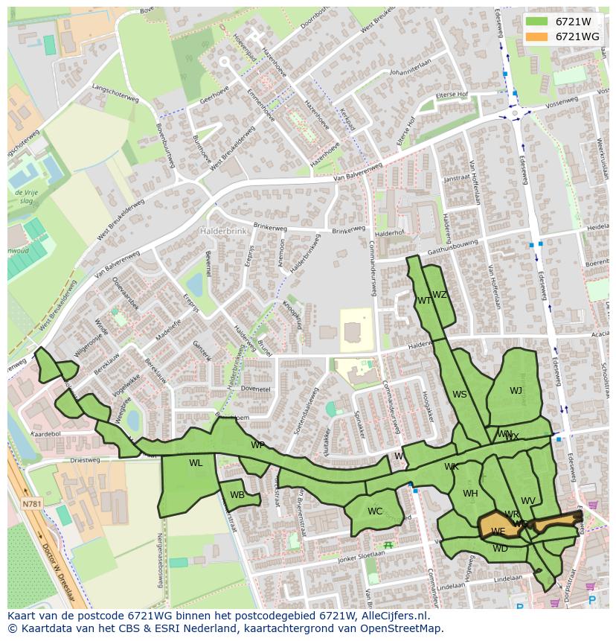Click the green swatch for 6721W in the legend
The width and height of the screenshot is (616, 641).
pyautogui.click(x=536, y=21)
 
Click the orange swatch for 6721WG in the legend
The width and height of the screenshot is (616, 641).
pyautogui.click(x=536, y=36)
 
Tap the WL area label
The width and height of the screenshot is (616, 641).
pyautogui.click(x=196, y=463)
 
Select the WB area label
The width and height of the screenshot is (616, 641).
pyautogui.click(x=237, y=495)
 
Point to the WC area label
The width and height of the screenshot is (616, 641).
pyautogui.click(x=375, y=511)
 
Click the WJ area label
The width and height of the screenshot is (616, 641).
pyautogui.click(x=516, y=391)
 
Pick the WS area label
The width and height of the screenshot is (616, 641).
pyautogui.click(x=460, y=395)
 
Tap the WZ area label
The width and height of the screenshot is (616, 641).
pyautogui.click(x=440, y=295)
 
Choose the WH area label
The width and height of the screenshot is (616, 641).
pyautogui.click(x=470, y=494)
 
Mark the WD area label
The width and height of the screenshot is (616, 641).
pyautogui.click(x=500, y=549)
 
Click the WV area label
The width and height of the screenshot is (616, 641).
pyautogui.click(x=528, y=501)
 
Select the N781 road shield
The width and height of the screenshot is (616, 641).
pyautogui.click(x=32, y=505)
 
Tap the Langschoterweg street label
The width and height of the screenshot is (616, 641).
pyautogui.click(x=111, y=93)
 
